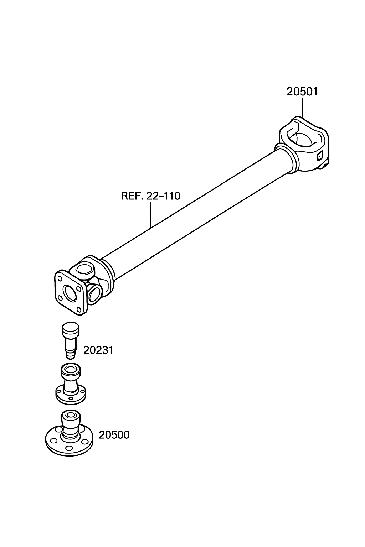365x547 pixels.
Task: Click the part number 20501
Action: click(302, 92)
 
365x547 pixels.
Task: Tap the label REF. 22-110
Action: click(151, 196)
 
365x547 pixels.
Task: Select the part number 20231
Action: click(98, 350)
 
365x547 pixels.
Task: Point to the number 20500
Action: click(114, 435)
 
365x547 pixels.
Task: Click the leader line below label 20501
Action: click(302, 108)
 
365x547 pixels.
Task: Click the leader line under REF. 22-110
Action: click(151, 214)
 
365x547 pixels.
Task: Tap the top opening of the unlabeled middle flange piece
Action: click(71, 369)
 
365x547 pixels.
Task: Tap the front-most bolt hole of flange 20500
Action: click(69, 448)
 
